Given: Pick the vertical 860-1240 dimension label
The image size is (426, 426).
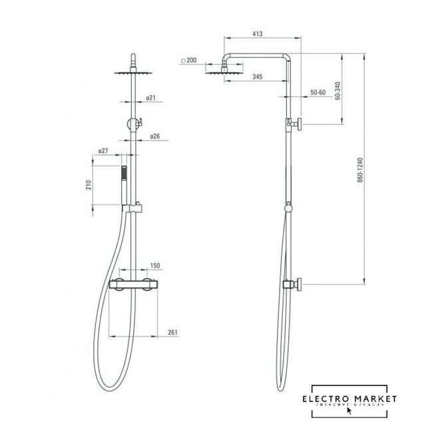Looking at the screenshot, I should tap(359, 170).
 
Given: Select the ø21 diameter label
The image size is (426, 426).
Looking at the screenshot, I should tap(150, 98).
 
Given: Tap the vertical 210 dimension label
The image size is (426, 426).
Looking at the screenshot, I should tap(89, 184).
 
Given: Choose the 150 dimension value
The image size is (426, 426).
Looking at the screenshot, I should tap(156, 266).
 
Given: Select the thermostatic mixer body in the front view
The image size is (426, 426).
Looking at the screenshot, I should tap(136, 284).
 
